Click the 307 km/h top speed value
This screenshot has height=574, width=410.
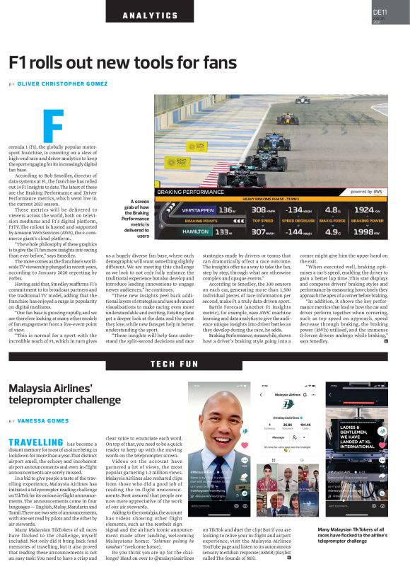pyautogui.click(x=263, y=231)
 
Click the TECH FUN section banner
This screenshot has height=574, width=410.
pyautogui.click(x=174, y=364)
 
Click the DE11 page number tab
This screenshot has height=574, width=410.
pyautogui.click(x=387, y=13)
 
